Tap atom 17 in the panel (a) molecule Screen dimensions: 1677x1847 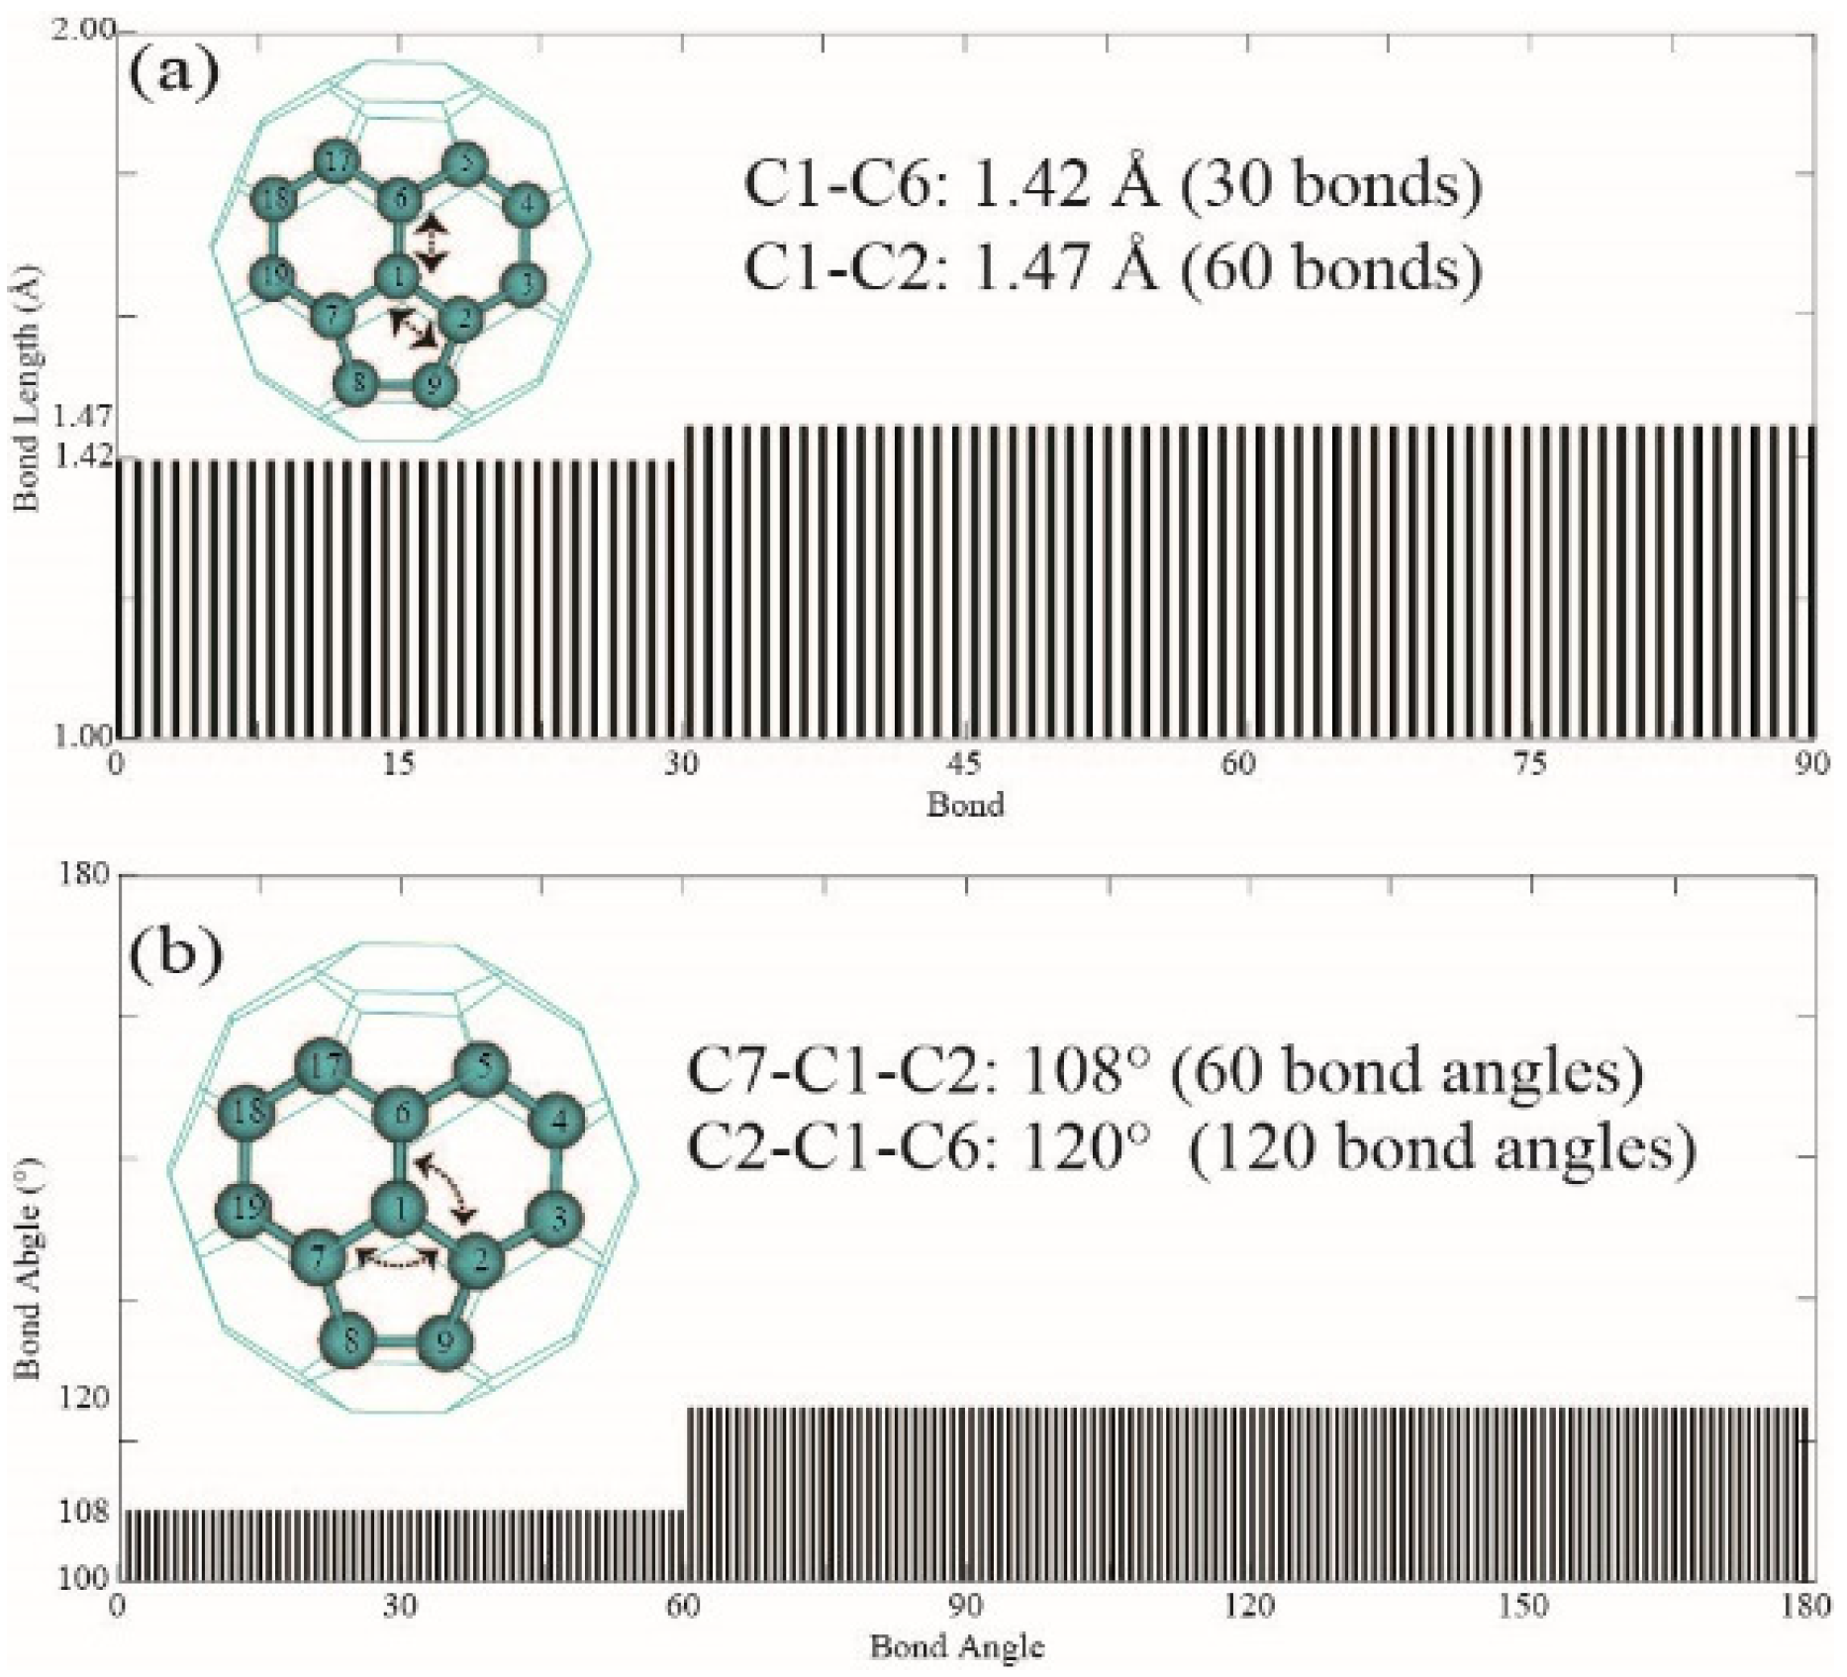(x=339, y=164)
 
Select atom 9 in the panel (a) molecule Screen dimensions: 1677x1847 (x=433, y=383)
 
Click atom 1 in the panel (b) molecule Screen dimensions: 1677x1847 (x=400, y=1208)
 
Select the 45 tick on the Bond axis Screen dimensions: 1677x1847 (x=963, y=764)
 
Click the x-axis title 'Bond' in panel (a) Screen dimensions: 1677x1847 (x=965, y=805)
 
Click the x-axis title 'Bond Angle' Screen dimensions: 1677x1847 (x=956, y=1647)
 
